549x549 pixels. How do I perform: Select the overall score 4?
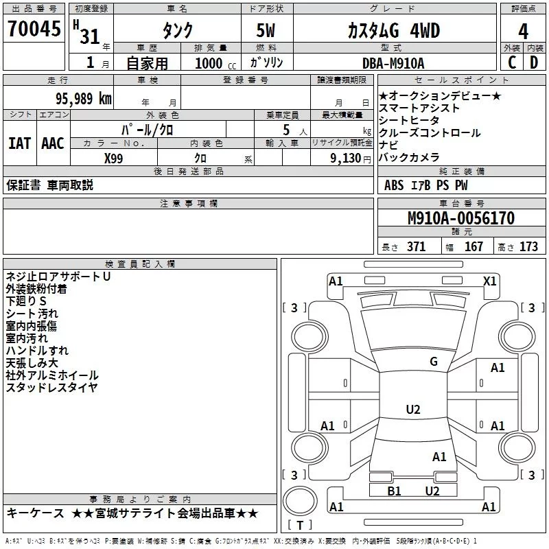click(x=523, y=31)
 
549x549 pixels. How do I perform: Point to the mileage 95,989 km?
click(x=78, y=98)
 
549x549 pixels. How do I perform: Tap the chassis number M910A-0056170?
click(x=460, y=219)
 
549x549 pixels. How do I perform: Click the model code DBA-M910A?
click(x=393, y=64)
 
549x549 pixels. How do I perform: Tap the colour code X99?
click(x=114, y=158)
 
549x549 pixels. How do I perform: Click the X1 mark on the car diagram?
click(x=490, y=281)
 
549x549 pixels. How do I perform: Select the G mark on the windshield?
click(x=433, y=362)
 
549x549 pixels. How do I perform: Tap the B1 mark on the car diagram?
click(x=394, y=491)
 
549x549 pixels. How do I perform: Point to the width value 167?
click(x=474, y=247)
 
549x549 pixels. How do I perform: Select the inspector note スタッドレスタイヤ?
click(x=51, y=388)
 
